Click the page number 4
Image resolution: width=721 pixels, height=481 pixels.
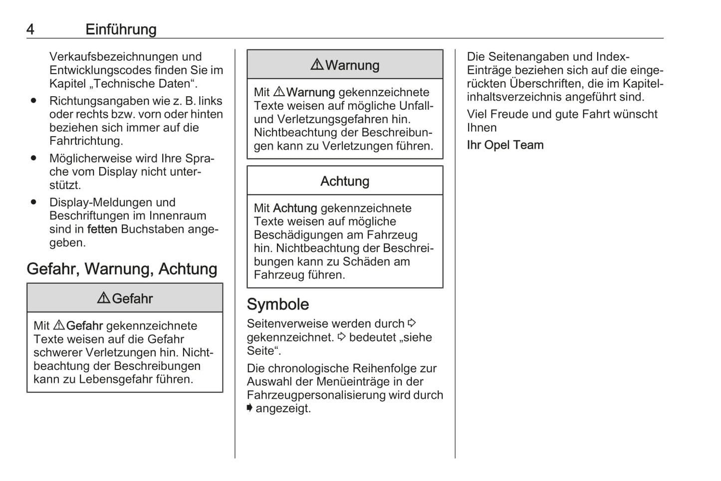click(30, 29)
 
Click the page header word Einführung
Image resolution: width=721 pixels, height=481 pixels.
click(121, 29)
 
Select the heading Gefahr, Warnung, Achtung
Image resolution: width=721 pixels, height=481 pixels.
click(122, 269)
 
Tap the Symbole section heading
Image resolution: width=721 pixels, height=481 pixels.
click(278, 305)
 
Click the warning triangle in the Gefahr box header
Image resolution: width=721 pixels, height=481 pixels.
click(103, 298)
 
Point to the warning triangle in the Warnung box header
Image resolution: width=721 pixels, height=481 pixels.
click(317, 65)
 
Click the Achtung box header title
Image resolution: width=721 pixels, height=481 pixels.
click(345, 181)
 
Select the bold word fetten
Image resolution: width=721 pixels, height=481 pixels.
click(102, 229)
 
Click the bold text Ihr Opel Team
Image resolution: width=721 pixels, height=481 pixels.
click(505, 145)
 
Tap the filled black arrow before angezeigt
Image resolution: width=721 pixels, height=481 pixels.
click(249, 408)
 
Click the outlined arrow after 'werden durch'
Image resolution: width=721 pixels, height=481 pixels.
click(412, 323)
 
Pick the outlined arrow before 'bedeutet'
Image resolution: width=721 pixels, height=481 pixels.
click(341, 337)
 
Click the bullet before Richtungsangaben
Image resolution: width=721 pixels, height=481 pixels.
click(33, 101)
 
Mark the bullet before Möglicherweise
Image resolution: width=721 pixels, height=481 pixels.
click(33, 158)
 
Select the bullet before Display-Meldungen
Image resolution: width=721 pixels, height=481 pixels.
click(33, 202)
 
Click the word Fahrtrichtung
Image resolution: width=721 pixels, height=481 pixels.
click(85, 141)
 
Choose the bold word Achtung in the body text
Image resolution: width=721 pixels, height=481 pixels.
click(295, 208)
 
